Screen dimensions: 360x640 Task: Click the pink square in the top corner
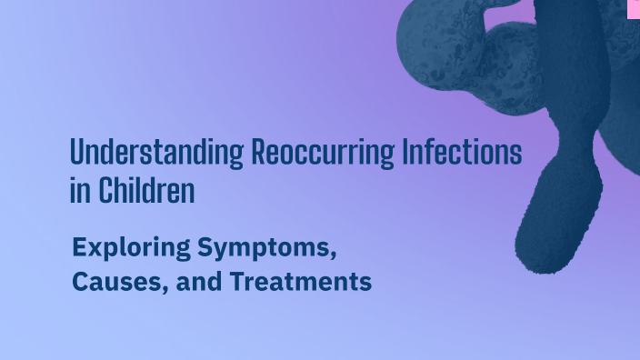[x=633, y=8]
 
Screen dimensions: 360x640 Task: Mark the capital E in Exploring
[x=79, y=246]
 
